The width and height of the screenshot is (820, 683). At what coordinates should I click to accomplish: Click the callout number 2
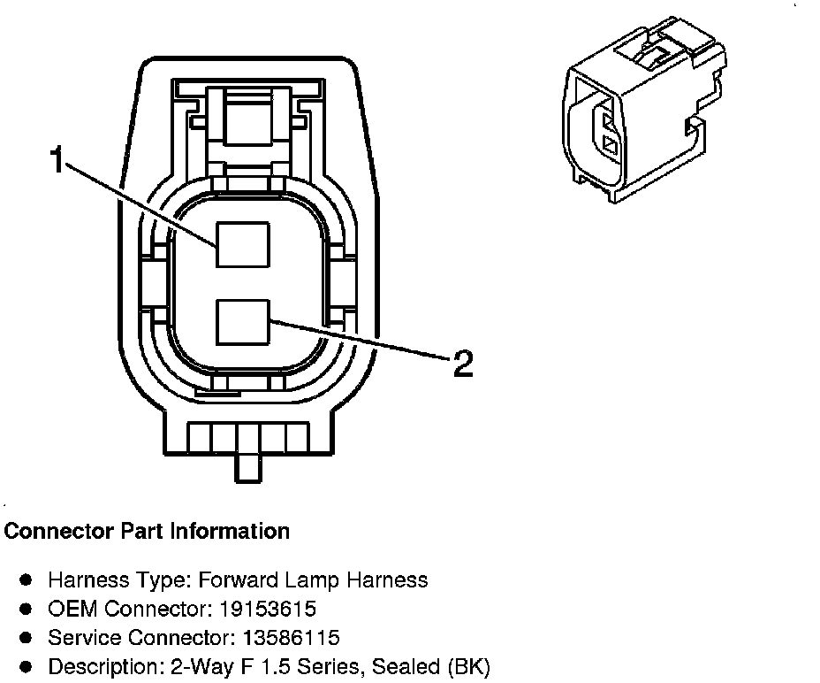point(462,363)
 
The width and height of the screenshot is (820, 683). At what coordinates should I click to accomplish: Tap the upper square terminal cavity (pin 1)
point(243,244)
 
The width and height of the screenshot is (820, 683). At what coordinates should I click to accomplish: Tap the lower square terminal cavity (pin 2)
point(243,322)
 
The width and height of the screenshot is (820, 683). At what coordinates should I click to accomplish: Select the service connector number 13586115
point(287,638)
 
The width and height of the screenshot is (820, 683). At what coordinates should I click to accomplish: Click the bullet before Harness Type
point(27,580)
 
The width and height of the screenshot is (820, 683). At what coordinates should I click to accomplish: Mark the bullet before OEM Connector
point(27,610)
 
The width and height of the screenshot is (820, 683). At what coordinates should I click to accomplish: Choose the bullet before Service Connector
point(27,638)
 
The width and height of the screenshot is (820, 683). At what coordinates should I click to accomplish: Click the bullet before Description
point(27,666)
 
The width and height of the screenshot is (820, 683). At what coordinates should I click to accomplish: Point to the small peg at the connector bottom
point(248,465)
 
